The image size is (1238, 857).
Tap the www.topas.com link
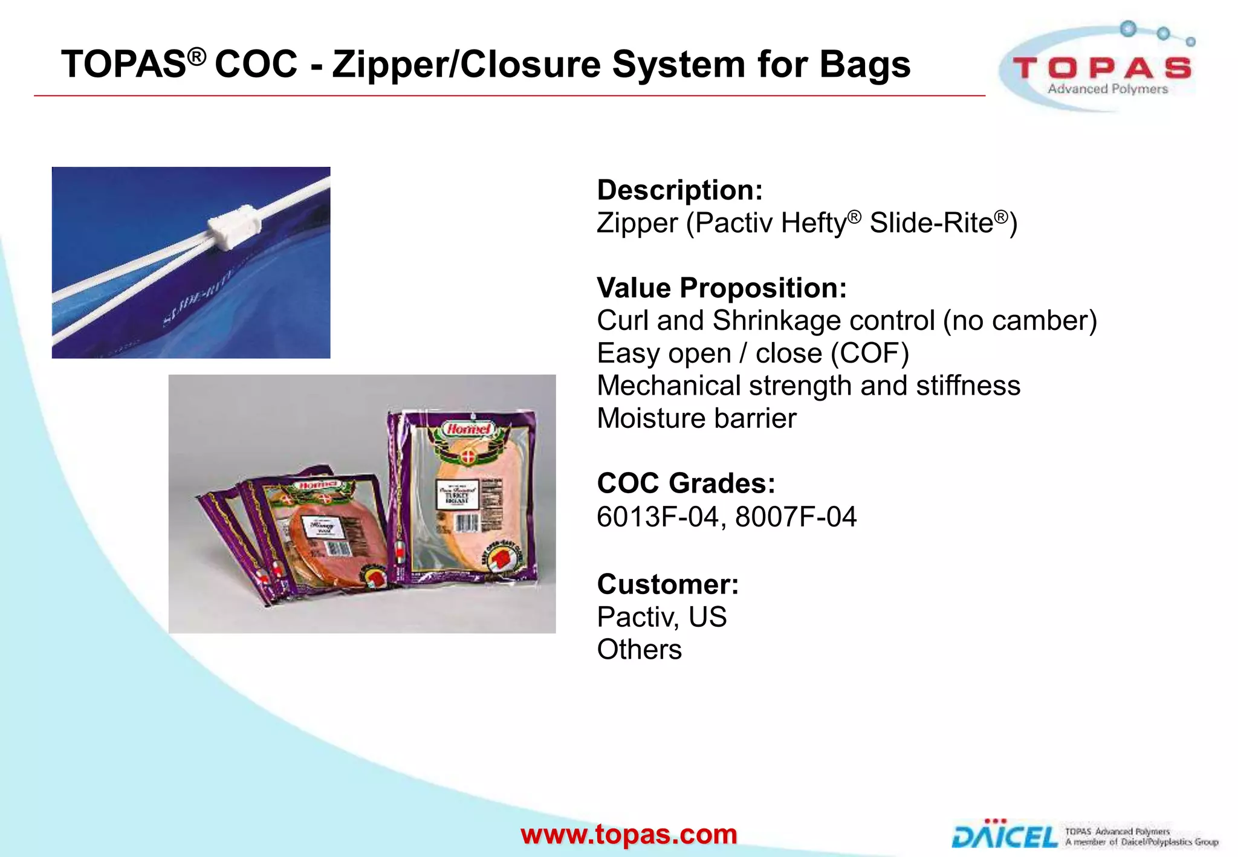[x=629, y=835]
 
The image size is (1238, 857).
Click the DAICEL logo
[x=1005, y=835]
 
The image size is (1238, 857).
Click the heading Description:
[x=679, y=190]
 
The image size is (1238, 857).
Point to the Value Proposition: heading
[x=722, y=288]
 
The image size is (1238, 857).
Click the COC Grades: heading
[x=685, y=483]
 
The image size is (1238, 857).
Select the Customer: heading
[x=667, y=584]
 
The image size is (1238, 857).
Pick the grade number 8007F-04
[x=796, y=517]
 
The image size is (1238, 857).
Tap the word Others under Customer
[x=639, y=650]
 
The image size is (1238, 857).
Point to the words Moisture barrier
[x=696, y=418]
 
